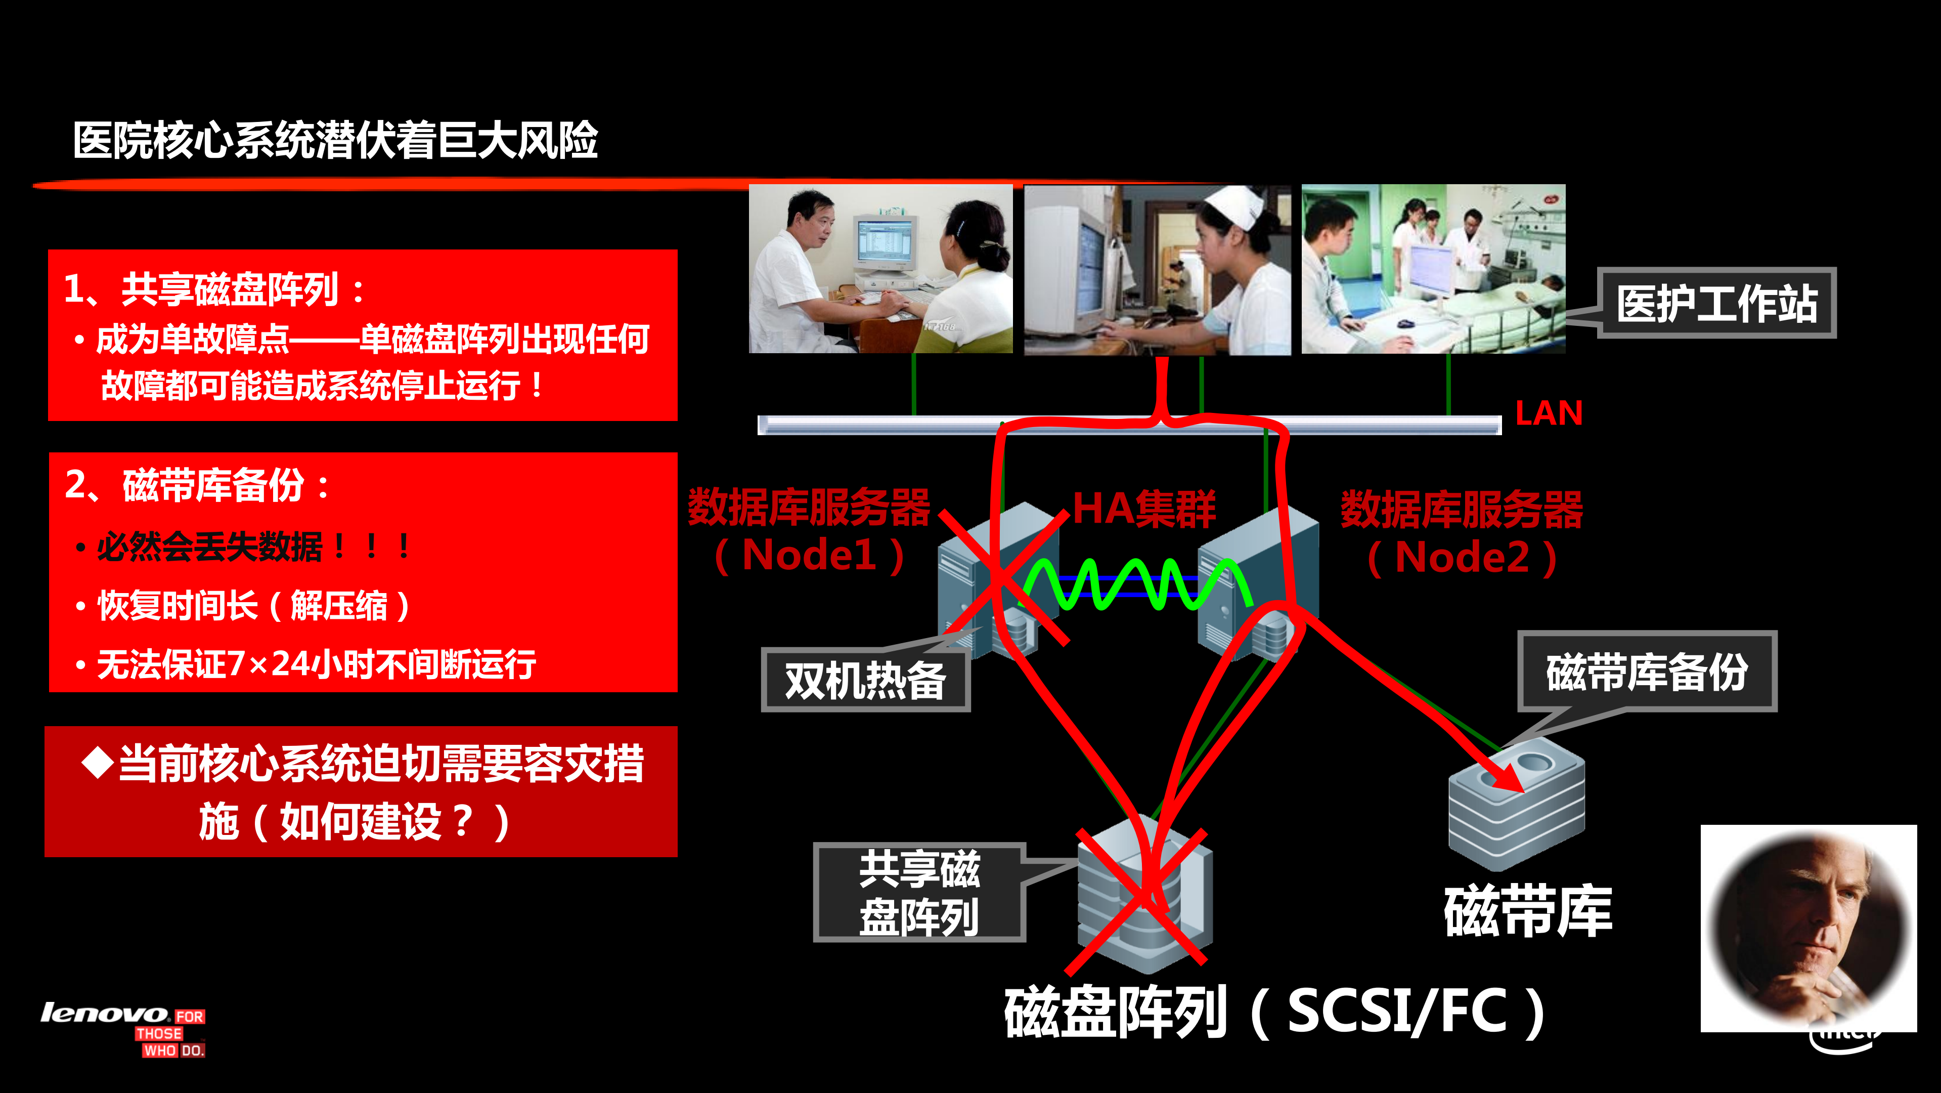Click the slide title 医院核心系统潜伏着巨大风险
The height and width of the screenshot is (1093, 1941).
point(335,141)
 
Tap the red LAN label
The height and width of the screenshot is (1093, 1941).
point(1549,413)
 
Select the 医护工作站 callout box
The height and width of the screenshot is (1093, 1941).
point(1716,303)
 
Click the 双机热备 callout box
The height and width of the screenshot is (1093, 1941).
point(865,681)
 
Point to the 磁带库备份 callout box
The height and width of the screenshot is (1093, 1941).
point(1647,671)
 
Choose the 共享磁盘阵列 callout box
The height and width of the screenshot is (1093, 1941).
point(919,893)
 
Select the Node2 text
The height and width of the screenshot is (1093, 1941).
point(1462,558)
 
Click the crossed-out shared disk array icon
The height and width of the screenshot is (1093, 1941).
point(1141,897)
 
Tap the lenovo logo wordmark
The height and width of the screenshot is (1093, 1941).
point(104,1013)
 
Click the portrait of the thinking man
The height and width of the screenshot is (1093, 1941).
point(1808,927)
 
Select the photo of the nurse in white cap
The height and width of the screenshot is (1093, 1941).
point(1157,269)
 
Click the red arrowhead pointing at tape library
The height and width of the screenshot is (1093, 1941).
point(1503,776)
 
